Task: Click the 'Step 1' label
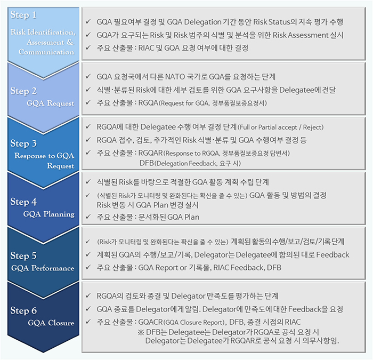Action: coord(23,15)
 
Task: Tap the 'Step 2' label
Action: coord(23,91)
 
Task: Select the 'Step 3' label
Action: coord(23,143)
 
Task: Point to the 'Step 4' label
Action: coord(23,202)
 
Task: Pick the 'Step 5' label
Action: coord(23,255)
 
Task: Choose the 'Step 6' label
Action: coord(23,310)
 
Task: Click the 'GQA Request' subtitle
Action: coord(51,103)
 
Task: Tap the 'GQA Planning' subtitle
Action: coord(49,214)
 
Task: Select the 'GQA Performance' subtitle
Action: coord(43,268)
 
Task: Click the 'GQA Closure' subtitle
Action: coord(51,323)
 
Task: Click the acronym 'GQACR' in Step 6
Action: coord(151,322)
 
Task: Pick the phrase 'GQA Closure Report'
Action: coord(194,322)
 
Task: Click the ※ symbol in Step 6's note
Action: coord(141,332)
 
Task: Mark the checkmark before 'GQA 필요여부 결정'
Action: coord(88,21)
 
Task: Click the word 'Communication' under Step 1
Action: coord(46,52)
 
